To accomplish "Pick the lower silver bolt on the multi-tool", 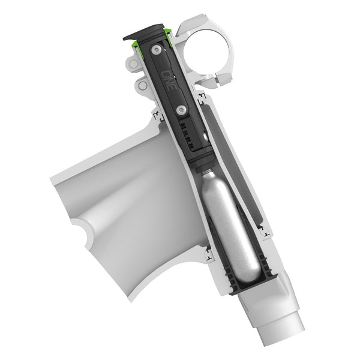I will pyautogui.click(x=181, y=110).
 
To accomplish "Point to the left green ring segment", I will pyautogui.click(x=137, y=42).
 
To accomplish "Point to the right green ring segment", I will pyautogui.click(x=171, y=35).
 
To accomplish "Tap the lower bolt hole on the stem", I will pyautogui.click(x=143, y=86).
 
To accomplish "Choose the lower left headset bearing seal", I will pyautogui.click(x=209, y=256).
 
